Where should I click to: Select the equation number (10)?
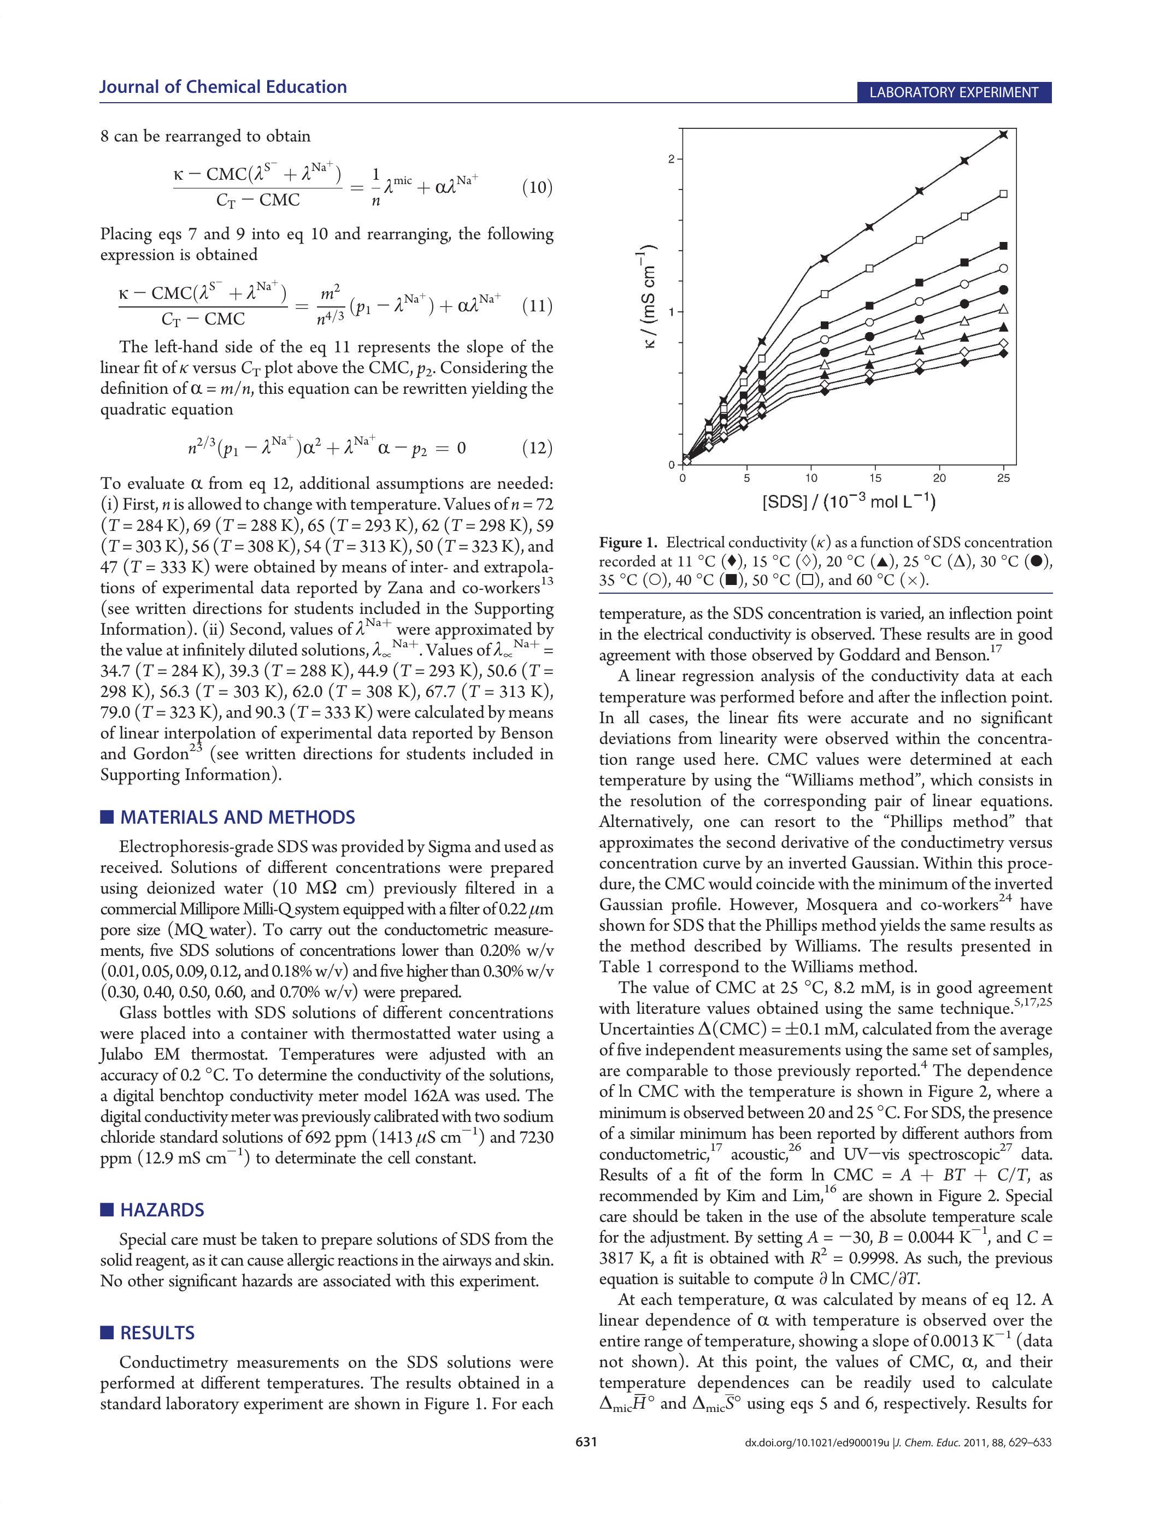(537, 187)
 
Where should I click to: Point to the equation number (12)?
(537, 448)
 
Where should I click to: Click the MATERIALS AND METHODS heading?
(237, 817)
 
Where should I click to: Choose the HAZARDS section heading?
(162, 1210)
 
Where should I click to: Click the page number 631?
(586, 1441)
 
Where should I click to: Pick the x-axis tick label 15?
(875, 478)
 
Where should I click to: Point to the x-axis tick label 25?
(1003, 478)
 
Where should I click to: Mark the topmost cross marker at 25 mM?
(1003, 134)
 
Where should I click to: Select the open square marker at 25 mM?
(1003, 194)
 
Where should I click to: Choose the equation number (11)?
(537, 306)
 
